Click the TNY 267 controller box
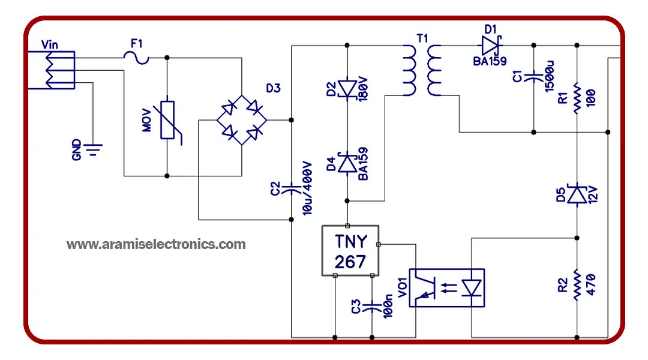click(350, 250)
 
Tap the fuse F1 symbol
click(136, 58)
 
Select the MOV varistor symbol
click(168, 120)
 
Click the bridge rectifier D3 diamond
click(242, 120)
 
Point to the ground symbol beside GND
click(93, 149)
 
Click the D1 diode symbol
click(491, 45)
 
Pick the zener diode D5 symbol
click(577, 194)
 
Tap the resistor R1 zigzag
click(577, 98)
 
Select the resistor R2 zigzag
click(577, 285)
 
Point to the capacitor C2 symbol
click(292, 188)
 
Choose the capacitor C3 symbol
click(372, 307)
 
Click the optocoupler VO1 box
click(447, 288)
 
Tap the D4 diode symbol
click(347, 163)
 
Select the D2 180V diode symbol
click(347, 89)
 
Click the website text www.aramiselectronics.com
click(156, 244)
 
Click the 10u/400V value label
click(307, 188)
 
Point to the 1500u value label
click(549, 77)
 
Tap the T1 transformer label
click(422, 39)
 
